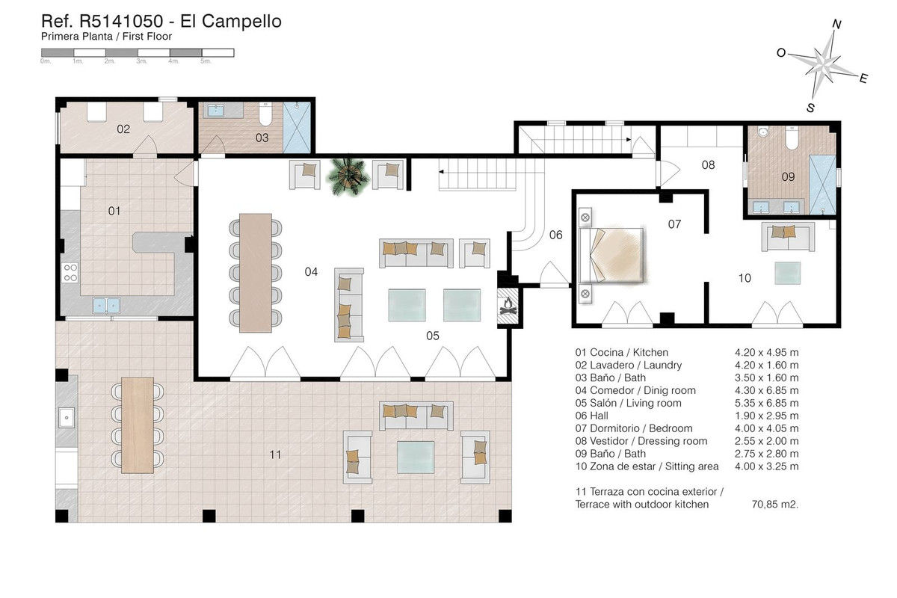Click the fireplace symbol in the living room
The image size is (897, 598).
pyautogui.click(x=508, y=306)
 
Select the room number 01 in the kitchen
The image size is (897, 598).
pyautogui.click(x=114, y=211)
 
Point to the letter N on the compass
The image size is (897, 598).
pyautogui.click(x=836, y=25)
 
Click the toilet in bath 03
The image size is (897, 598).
pyautogui.click(x=265, y=114)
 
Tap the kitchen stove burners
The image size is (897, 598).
pyautogui.click(x=71, y=273)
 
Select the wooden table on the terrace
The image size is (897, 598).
pyautogui.click(x=138, y=425)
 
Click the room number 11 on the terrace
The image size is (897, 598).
pyautogui.click(x=275, y=454)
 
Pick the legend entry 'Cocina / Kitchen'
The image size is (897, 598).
pyautogui.click(x=621, y=352)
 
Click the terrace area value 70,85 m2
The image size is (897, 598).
pyautogui.click(x=774, y=505)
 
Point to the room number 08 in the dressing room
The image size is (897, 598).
pyautogui.click(x=708, y=164)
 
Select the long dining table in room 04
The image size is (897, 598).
pyautogui.click(x=255, y=272)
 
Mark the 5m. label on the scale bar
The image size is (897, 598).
pyautogui.click(x=206, y=61)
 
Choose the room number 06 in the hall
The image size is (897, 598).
pyautogui.click(x=555, y=235)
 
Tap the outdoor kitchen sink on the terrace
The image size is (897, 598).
pyautogui.click(x=66, y=416)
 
